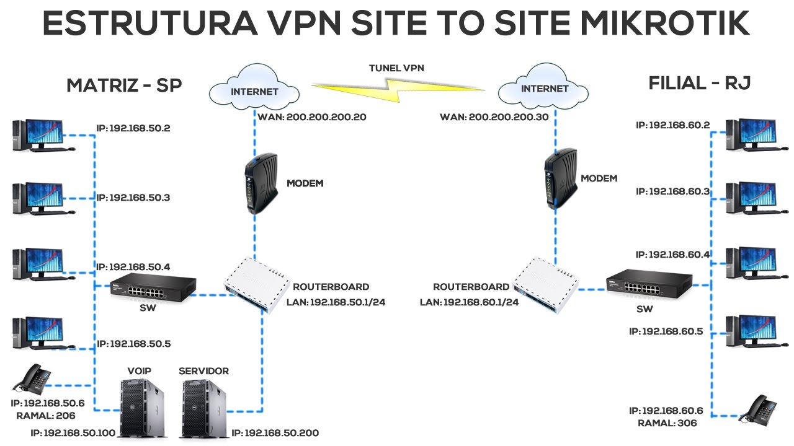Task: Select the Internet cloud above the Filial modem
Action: point(544,88)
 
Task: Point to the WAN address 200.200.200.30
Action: point(494,116)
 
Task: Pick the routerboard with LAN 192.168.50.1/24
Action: point(257,284)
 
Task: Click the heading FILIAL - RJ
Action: point(700,84)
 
